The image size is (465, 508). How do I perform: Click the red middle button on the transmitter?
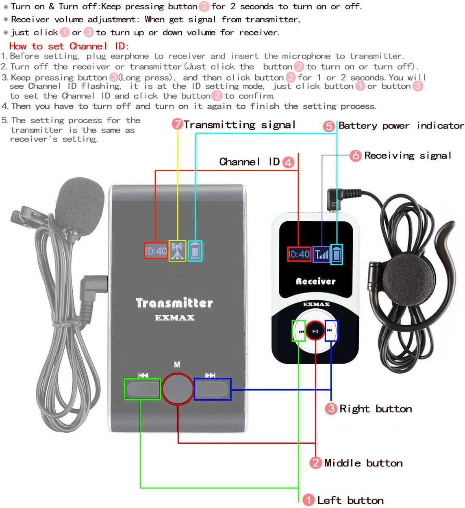[x=178, y=389]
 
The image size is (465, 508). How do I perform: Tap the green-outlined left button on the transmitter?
[x=142, y=389]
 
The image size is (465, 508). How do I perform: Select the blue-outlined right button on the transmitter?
[x=212, y=389]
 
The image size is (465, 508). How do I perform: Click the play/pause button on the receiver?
[x=315, y=331]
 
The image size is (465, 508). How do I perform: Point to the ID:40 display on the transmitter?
[x=156, y=251]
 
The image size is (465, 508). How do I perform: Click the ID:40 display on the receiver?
[x=299, y=254]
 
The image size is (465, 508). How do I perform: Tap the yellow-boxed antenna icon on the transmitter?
[x=177, y=251]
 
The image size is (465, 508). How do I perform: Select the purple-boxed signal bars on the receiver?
[x=321, y=255]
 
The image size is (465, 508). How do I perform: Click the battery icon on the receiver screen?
[x=337, y=255]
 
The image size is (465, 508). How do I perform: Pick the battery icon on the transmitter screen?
[x=195, y=251]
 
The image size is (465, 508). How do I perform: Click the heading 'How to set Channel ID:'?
[x=69, y=46]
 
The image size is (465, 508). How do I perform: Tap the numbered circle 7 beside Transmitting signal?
[x=177, y=124]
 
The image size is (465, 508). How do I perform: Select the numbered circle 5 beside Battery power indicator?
[x=329, y=126]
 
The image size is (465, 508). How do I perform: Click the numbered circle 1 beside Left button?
[x=309, y=500]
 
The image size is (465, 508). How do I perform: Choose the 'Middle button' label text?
[x=363, y=463]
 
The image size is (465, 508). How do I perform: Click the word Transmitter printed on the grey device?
[x=174, y=303]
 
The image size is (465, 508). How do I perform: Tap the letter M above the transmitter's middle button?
[x=177, y=364]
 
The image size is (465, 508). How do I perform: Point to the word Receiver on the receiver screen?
[x=316, y=281]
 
